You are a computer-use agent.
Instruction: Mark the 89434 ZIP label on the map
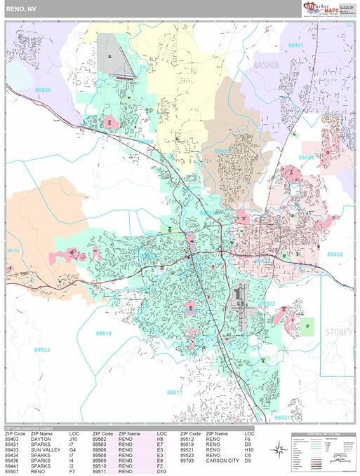pyautogui.click(x=335, y=254)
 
